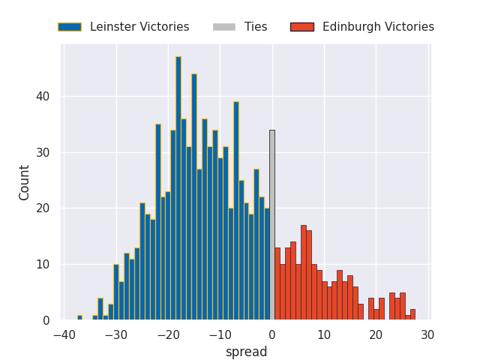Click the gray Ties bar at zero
[x=271, y=225]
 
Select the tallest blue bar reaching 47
[x=178, y=188]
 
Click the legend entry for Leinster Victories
[x=139, y=27]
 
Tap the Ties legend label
[x=256, y=27]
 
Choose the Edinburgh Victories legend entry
[x=378, y=27]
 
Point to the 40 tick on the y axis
[x=44, y=97]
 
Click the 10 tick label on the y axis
[x=44, y=265]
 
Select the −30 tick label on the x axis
[x=115, y=335]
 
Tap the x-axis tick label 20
[x=375, y=335]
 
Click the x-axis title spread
[x=246, y=352]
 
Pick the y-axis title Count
[x=25, y=182]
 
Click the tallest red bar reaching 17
[x=303, y=272]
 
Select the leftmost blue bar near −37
[x=79, y=317]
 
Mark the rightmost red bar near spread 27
[x=412, y=315]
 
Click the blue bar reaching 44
[x=194, y=196]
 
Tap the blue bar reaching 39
[x=235, y=211]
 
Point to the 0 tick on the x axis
[x=271, y=335]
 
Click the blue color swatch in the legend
[x=70, y=27]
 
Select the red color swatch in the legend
[x=302, y=27]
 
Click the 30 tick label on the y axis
[x=44, y=152]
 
